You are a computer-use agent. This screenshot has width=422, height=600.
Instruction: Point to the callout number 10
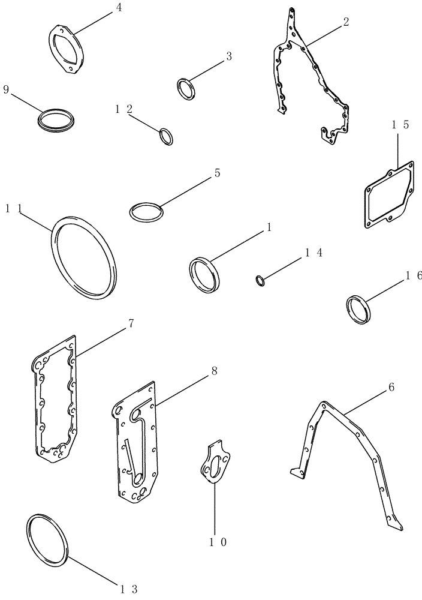coord(217,542)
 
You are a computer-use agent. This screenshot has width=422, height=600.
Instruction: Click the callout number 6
coord(391,388)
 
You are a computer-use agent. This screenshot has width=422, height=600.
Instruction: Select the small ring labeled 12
coord(167,136)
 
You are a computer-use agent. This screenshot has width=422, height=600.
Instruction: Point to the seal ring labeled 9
coord(55,118)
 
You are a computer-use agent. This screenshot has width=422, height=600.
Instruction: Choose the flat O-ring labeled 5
coord(146,211)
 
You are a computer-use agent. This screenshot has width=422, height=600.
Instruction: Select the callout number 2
coord(346,22)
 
